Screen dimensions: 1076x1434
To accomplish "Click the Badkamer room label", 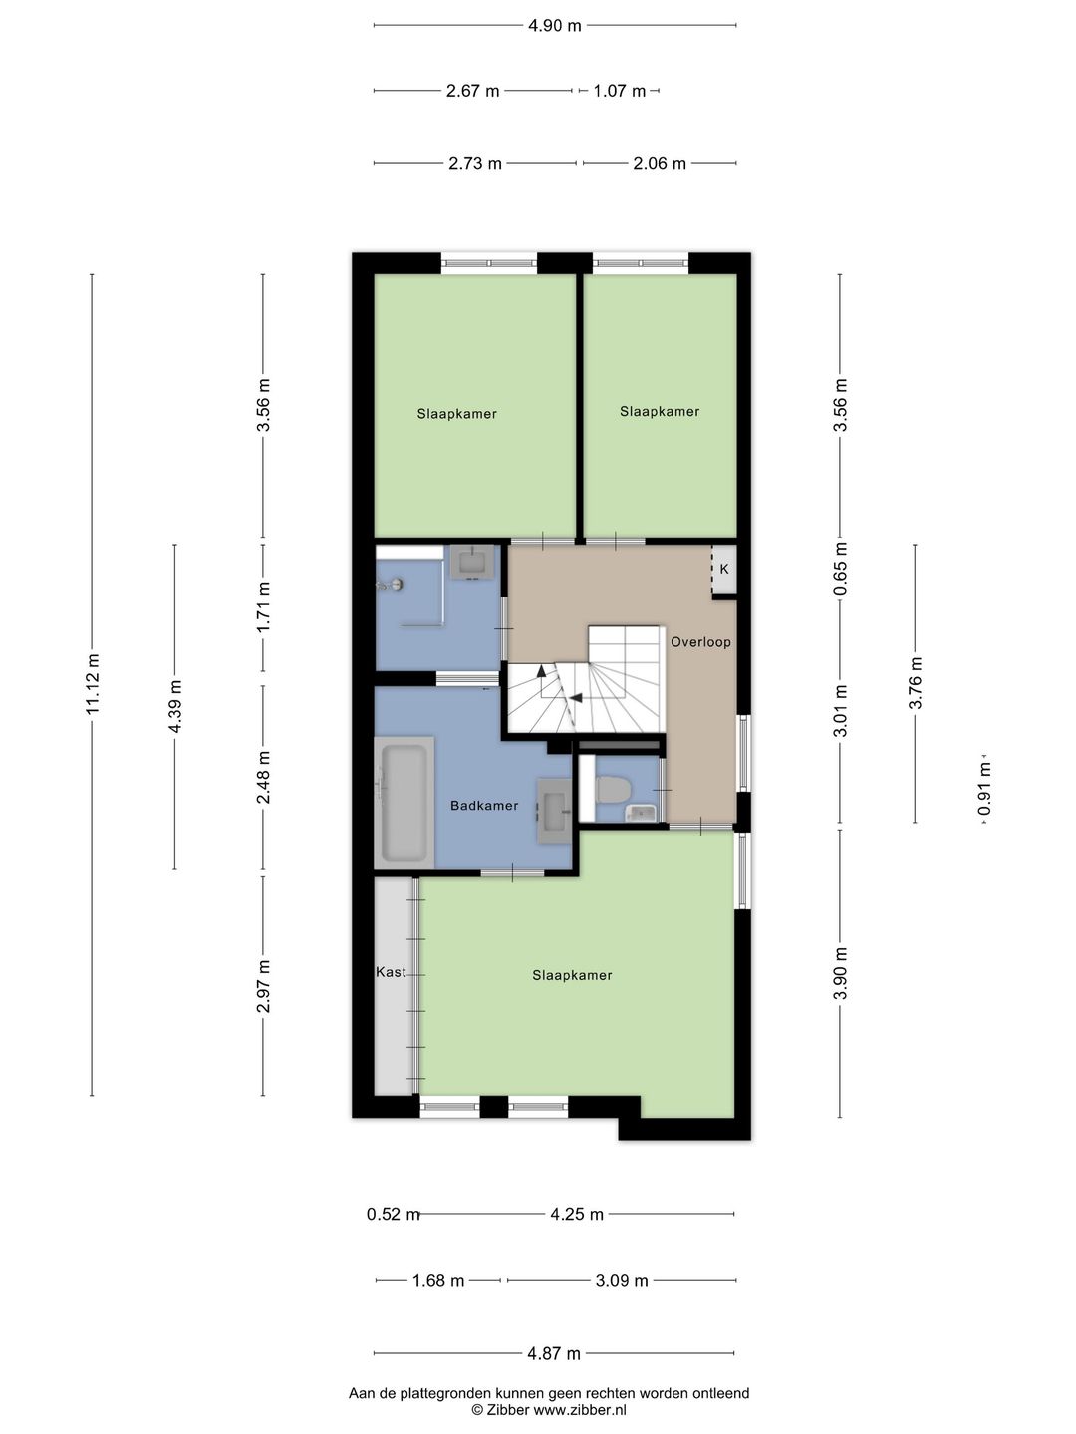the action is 484,806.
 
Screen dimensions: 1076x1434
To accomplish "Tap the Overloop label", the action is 700,642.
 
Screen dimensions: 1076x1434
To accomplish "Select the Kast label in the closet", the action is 391,972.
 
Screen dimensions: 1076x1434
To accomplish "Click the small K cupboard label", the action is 724,569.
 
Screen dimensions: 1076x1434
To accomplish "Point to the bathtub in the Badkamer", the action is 404,803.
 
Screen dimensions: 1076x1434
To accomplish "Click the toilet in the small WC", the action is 610,789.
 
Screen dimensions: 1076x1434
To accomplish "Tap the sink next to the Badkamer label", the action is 554,812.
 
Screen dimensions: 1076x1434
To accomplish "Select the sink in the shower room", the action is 471,562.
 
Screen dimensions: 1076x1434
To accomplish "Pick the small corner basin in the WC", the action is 641,812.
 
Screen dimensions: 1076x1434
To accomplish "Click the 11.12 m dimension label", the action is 92,684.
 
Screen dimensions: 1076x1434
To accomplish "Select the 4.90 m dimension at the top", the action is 554,26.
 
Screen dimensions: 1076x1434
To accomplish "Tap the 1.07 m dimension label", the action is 619,91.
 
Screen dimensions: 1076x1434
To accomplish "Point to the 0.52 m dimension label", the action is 393,1215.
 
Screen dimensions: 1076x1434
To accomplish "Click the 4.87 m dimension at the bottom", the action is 553,1353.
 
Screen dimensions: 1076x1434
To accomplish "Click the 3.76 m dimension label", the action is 915,683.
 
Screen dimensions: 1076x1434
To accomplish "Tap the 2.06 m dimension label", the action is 660,164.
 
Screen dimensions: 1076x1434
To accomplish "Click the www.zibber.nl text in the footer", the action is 580,1410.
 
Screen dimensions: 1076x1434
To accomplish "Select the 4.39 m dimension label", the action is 175,706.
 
